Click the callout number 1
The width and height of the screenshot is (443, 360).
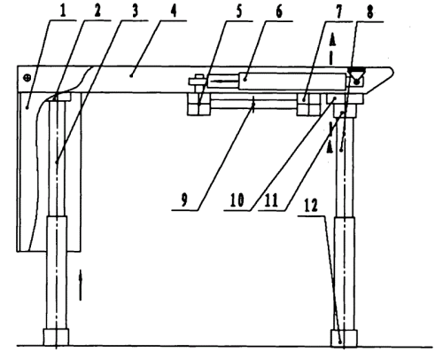coord(63,12)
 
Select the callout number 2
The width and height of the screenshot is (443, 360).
coord(97,12)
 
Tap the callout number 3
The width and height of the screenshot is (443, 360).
coord(135,12)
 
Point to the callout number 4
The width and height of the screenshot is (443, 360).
coord(174,12)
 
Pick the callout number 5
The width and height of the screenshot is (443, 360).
coord(238,12)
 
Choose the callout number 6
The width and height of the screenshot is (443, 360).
coord(278,12)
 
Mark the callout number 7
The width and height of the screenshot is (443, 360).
coord(338,12)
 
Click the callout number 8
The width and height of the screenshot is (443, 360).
coord(369,12)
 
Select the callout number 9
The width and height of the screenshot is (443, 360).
coord(184,200)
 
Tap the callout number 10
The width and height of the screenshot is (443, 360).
coord(237,200)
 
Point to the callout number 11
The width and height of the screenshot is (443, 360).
coord(272,200)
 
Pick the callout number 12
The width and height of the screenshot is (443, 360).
coord(311,205)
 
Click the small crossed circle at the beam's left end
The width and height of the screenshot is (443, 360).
coord(27,78)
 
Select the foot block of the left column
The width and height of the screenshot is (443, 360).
coord(56,337)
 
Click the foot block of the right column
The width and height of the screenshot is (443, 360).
coord(344,338)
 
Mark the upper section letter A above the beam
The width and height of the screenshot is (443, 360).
coord(332,40)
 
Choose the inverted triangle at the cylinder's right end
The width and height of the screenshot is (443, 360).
coord(356,73)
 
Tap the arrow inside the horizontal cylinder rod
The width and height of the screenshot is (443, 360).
coord(224,81)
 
